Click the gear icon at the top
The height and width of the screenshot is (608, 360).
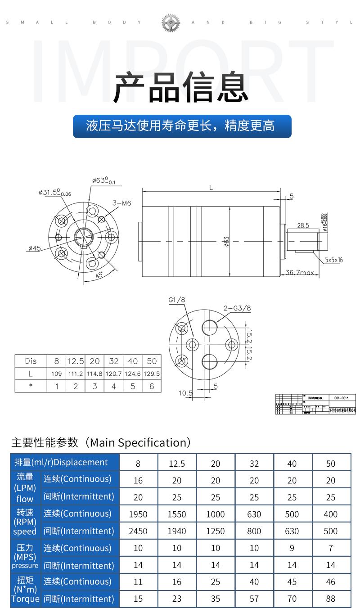pyautogui.click(x=171, y=22)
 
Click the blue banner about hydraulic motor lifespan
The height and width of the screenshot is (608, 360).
pyautogui.click(x=182, y=126)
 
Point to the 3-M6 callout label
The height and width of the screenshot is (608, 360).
pyautogui.click(x=121, y=203)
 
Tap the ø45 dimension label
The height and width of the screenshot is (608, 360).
pyautogui.click(x=34, y=248)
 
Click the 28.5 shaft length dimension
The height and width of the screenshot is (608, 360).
pyautogui.click(x=303, y=225)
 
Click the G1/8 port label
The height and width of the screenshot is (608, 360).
pyautogui.click(x=177, y=300)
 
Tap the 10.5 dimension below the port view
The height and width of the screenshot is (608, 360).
pyautogui.click(x=185, y=393)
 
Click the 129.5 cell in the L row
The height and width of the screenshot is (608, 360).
pyautogui.click(x=152, y=374)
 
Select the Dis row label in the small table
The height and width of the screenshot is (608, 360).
pyautogui.click(x=31, y=361)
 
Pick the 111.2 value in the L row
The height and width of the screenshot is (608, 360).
pyautogui.click(x=76, y=374)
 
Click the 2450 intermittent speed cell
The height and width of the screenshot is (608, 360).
pyautogui.click(x=138, y=531)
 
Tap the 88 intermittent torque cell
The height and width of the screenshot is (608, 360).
pyautogui.click(x=331, y=599)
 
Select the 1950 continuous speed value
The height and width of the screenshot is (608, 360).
pyautogui.click(x=138, y=514)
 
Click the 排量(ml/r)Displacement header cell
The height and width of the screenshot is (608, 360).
pyautogui.click(x=61, y=462)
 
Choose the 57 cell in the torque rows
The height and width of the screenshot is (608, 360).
pyautogui.click(x=254, y=599)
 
